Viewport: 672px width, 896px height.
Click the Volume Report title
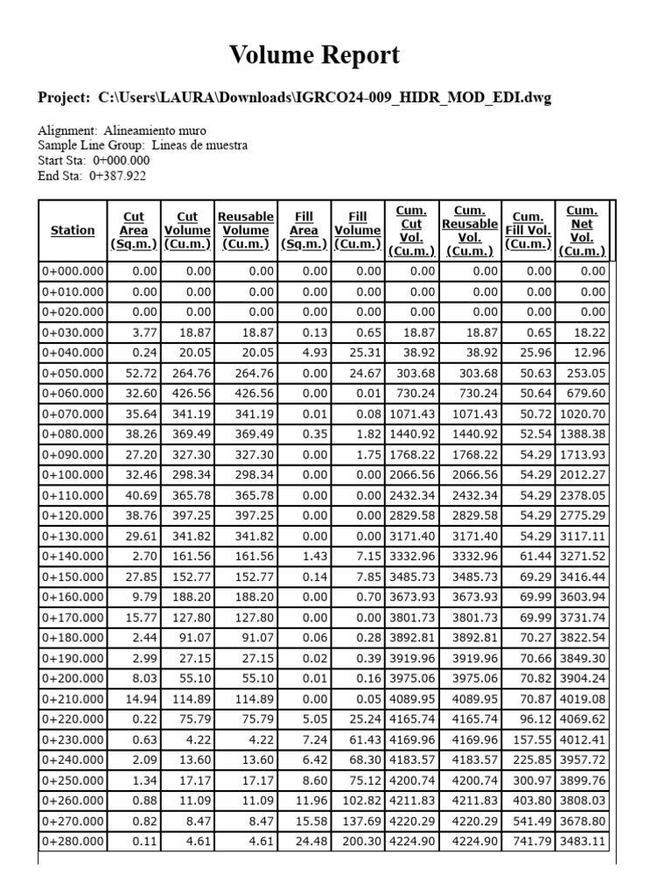pos(314,56)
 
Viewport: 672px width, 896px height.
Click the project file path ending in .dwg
pos(332,97)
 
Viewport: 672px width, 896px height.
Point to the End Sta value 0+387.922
pos(118,176)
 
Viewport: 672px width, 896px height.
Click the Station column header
pos(73,230)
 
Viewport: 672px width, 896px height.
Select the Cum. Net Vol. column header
pos(582,230)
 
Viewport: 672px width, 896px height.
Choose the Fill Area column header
pos(304,230)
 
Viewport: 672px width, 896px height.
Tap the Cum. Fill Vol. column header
pos(528,230)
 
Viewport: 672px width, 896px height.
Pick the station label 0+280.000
pos(73,842)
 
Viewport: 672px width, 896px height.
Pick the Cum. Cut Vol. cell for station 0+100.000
pos(410,474)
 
